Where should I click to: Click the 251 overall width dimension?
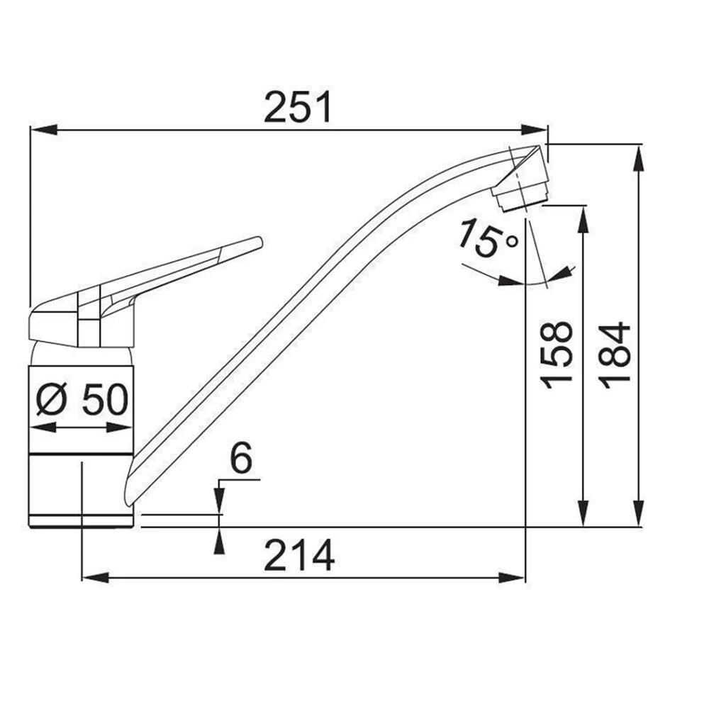click(x=298, y=107)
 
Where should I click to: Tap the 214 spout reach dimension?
click(x=299, y=555)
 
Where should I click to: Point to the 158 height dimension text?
click(x=557, y=355)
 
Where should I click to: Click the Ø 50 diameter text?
click(x=82, y=399)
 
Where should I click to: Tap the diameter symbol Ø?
click(x=52, y=399)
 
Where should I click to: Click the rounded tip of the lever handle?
click(x=259, y=242)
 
